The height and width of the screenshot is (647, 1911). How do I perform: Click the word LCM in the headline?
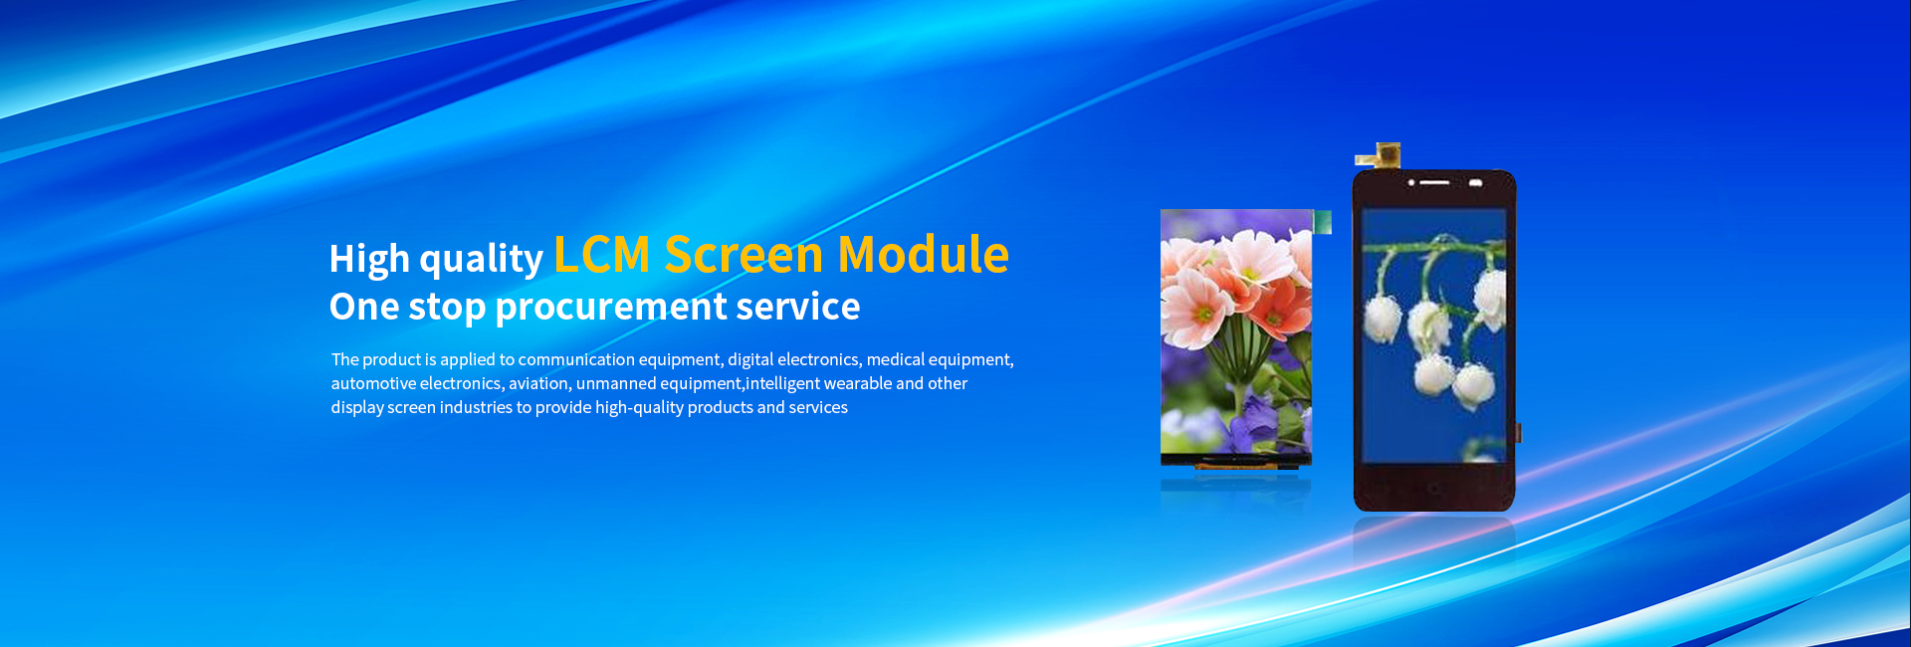602,254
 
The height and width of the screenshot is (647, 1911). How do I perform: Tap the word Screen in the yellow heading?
744,254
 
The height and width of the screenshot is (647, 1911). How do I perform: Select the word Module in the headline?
924,254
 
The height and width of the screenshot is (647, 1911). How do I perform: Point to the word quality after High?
482,259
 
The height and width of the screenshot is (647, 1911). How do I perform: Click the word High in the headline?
369,259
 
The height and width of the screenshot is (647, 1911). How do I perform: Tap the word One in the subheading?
364,307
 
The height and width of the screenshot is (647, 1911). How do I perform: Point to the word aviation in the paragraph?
540,384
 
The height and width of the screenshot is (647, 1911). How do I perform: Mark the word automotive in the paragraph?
373,383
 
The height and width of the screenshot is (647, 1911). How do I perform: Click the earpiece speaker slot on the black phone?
1434,183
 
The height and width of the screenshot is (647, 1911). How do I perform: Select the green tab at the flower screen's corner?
1322,222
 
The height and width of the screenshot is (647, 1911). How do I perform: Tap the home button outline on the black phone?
1433,488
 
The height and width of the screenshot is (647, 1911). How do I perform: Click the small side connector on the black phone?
1519,433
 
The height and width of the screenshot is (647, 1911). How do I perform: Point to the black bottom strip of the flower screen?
1236,461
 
